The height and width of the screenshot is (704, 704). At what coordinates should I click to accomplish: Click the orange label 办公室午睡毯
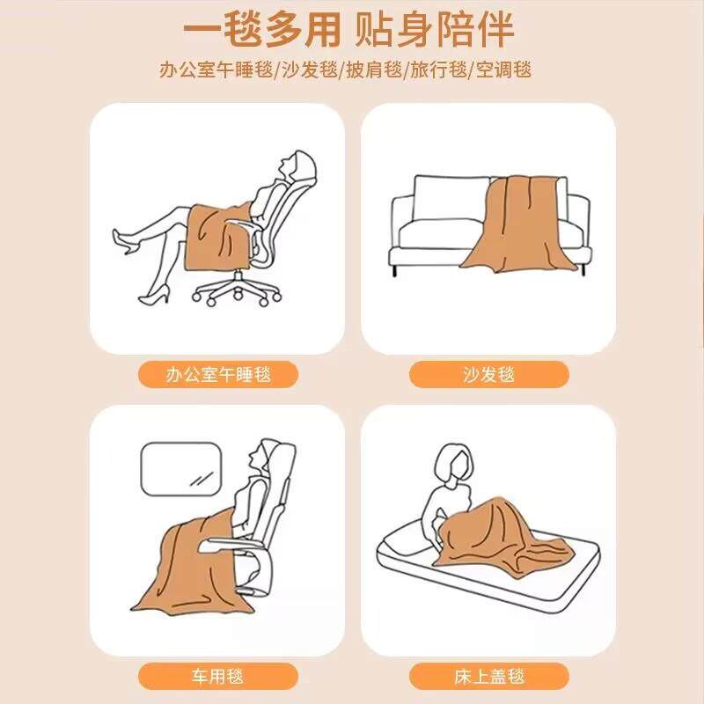218,374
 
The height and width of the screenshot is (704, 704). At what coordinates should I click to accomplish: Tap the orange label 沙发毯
489,374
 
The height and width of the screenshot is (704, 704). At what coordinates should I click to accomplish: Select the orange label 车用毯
218,676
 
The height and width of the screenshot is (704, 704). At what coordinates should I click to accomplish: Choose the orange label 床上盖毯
489,676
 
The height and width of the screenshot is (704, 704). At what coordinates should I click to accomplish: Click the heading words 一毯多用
261,30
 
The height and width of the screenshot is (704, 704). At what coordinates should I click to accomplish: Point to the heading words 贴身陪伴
435,30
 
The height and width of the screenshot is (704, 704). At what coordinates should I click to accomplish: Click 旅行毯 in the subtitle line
438,70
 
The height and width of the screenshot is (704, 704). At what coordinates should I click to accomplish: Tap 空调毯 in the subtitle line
503,70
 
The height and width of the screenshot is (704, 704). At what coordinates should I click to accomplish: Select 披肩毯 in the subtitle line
373,70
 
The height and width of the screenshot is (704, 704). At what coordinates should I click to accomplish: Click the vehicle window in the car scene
181,469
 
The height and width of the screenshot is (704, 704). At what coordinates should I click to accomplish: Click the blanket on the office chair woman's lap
217,237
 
